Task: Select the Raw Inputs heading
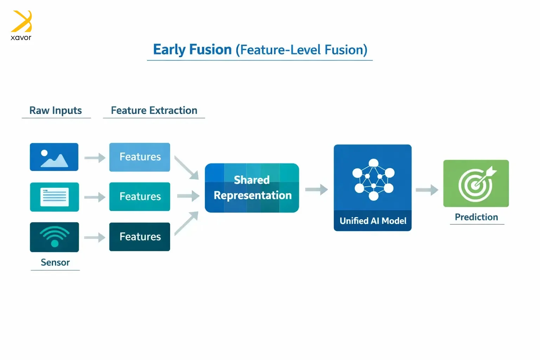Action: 56,110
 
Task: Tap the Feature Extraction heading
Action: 154,110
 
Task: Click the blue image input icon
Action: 54,157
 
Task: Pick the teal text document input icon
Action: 54,197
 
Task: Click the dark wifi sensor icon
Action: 54,237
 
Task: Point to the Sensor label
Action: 55,262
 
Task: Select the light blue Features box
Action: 140,157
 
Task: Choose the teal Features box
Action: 140,197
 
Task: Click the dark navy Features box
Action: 140,237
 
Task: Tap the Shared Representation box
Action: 252,188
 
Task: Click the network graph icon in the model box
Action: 373,179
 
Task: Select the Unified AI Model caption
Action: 373,221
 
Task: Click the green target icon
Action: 476,184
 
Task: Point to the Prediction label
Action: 476,217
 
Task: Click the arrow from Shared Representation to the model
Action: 316,189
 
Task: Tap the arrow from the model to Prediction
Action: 427,190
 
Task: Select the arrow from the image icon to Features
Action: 95,158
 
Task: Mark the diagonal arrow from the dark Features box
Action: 186,223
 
